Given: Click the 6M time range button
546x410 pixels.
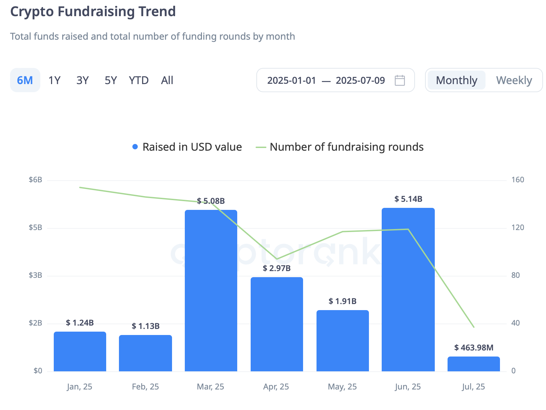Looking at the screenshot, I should coord(25,80).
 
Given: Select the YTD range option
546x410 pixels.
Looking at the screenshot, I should coord(138,80).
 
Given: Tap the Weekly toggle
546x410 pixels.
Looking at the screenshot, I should coord(514,80).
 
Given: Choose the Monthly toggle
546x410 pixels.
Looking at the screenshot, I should coord(456,80).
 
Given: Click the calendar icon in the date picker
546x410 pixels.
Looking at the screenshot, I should coord(400,80).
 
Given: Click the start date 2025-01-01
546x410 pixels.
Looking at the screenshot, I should coord(292,80).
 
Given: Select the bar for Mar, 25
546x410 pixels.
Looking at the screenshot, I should coord(211,291).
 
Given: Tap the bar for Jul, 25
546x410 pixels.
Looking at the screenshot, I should coord(473,364).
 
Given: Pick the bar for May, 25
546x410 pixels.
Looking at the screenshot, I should coord(342,340).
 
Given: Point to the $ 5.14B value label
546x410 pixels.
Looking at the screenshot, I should coord(408,199).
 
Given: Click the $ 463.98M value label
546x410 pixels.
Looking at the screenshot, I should coord(473,347).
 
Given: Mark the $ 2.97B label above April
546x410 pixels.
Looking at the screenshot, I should coord(277,268).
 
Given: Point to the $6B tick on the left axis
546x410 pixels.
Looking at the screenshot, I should coord(35,180).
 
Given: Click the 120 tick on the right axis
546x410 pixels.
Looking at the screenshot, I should coord(517,227).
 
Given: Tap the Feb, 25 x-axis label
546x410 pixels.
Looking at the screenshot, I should coord(145,386).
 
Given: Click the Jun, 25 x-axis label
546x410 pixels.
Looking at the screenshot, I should coord(408,386).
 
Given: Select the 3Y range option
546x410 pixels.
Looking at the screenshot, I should coord(82,80).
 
